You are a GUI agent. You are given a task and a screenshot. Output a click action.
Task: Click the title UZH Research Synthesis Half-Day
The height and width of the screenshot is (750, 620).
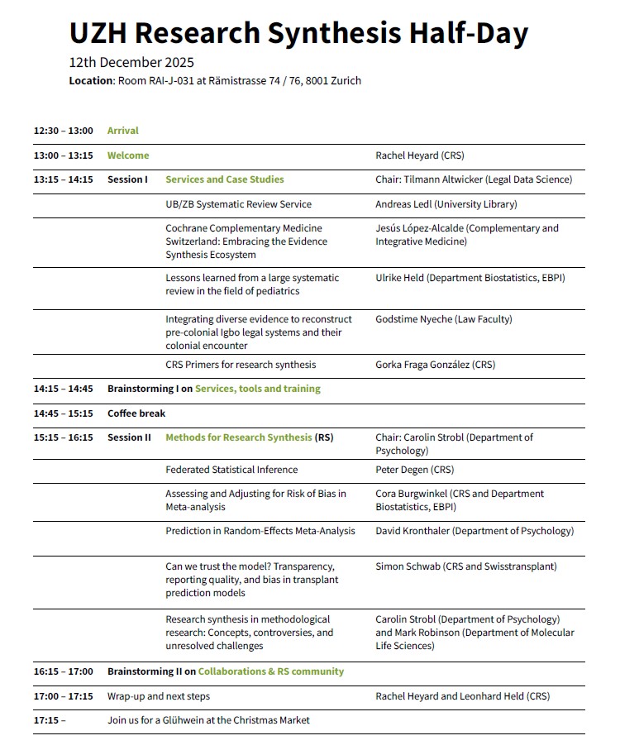pos(298,33)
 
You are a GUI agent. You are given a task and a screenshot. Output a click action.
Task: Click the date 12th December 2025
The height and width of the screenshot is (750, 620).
pos(131,63)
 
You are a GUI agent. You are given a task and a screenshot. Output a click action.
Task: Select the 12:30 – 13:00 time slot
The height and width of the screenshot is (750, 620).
pos(64,131)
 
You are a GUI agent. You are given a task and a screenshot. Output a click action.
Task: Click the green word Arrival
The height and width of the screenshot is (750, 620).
pos(123,131)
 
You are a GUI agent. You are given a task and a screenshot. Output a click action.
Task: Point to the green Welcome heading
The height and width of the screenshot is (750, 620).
pos(128,155)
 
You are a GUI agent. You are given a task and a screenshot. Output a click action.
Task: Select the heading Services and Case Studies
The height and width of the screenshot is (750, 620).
pos(225,179)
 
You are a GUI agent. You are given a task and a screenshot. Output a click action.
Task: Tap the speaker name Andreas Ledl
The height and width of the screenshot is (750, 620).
pos(403,204)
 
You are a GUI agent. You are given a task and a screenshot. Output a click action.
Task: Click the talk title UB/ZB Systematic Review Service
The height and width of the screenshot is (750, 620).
pos(239,204)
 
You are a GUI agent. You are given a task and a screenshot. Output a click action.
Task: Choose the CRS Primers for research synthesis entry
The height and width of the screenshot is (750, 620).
pos(241,365)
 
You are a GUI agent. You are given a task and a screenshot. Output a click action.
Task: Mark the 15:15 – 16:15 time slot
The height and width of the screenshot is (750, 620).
pos(64,437)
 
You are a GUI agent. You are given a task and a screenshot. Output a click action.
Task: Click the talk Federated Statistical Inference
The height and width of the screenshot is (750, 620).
pos(231,470)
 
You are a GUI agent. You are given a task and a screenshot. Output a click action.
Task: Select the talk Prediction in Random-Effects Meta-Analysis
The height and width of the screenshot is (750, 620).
pos(260,531)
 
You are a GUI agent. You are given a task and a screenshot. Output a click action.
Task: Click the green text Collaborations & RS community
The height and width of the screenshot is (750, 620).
pos(271,671)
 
